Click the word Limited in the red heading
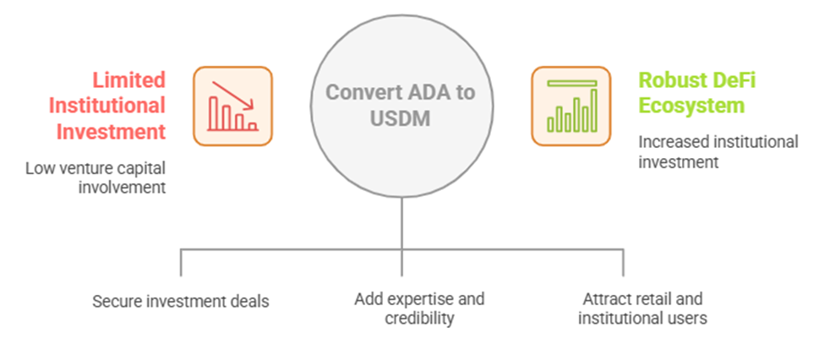click(128, 80)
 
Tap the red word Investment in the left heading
click(111, 131)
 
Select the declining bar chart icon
click(232, 106)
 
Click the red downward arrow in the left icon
click(232, 95)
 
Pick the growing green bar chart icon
click(570, 106)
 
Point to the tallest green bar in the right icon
click(594, 111)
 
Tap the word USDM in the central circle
click(401, 118)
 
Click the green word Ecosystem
click(691, 106)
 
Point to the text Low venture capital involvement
click(95, 177)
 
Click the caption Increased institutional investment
click(718, 151)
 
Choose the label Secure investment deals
click(181, 302)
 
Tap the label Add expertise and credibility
click(419, 308)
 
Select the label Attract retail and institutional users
click(642, 308)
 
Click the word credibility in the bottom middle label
click(419, 318)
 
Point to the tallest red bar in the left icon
click(213, 113)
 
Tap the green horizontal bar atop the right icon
click(572, 83)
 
